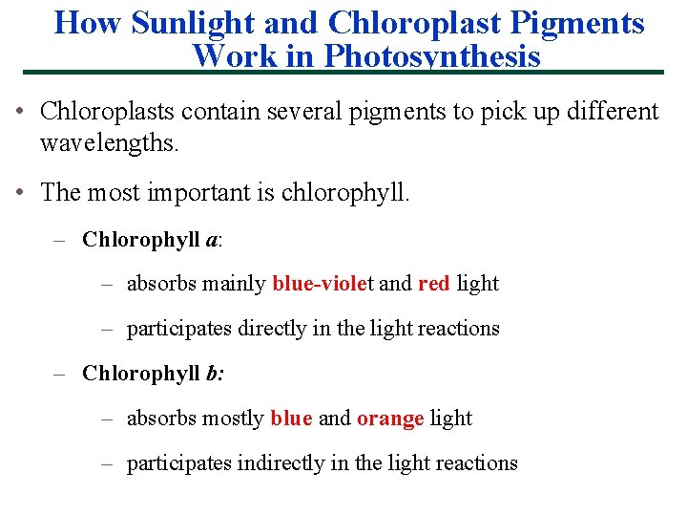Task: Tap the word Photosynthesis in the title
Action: coord(432,56)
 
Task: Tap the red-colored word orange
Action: coord(390,419)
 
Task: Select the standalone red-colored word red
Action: coord(433,284)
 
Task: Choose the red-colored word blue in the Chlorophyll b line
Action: coord(291,419)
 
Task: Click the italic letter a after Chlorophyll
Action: coord(211,240)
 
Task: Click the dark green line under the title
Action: coord(343,73)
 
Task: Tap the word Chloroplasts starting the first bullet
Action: coord(108,112)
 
